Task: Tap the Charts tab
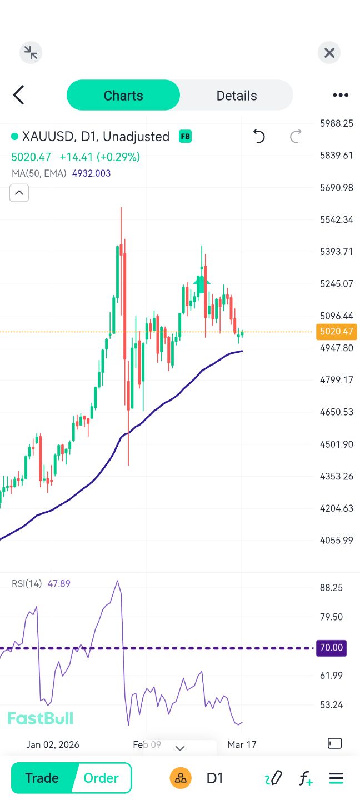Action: click(123, 96)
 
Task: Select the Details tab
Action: click(237, 96)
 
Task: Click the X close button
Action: click(329, 53)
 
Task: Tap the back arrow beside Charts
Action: click(19, 95)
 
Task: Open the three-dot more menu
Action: click(340, 96)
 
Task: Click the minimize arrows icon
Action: click(31, 53)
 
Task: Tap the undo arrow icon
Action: click(259, 136)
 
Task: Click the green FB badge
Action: click(185, 136)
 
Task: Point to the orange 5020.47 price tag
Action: click(336, 332)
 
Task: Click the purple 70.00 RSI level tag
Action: click(331, 648)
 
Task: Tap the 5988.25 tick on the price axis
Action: click(337, 123)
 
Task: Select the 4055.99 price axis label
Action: click(337, 540)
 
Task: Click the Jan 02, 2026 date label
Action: click(53, 744)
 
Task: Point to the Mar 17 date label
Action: click(242, 744)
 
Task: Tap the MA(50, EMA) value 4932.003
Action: click(91, 173)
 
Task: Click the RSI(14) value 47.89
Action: click(59, 584)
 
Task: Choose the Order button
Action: click(101, 778)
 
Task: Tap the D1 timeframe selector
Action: click(215, 778)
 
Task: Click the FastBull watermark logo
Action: click(40, 718)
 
